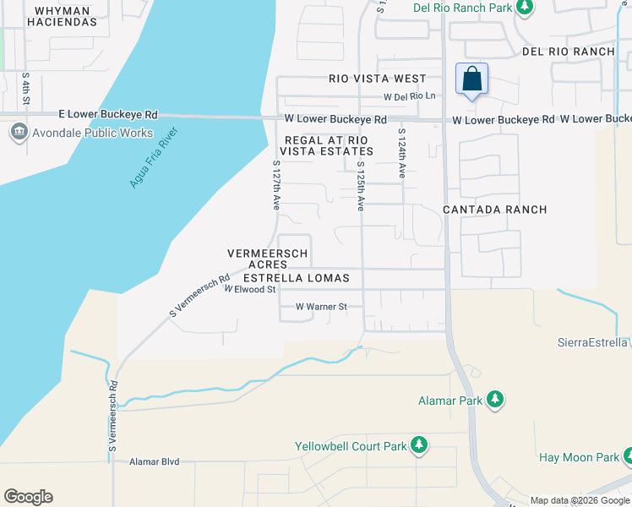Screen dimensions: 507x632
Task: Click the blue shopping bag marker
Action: pos(472,79)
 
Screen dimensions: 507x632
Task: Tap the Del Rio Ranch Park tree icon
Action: pos(525,8)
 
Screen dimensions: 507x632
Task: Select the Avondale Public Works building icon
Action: pos(19,133)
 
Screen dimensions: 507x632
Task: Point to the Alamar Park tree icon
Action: pos(495,399)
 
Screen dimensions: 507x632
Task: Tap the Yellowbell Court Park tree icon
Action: pos(417,445)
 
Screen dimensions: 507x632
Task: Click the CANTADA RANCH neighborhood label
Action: pos(495,210)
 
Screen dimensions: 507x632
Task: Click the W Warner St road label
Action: pos(321,307)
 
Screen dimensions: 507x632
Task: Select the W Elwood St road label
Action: pos(250,289)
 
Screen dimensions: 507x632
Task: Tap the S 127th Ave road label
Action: pos(275,185)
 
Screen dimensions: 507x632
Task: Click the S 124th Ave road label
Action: pos(401,153)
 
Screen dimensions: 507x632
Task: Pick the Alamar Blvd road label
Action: pos(155,462)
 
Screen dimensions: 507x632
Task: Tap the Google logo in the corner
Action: pos(28,497)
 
